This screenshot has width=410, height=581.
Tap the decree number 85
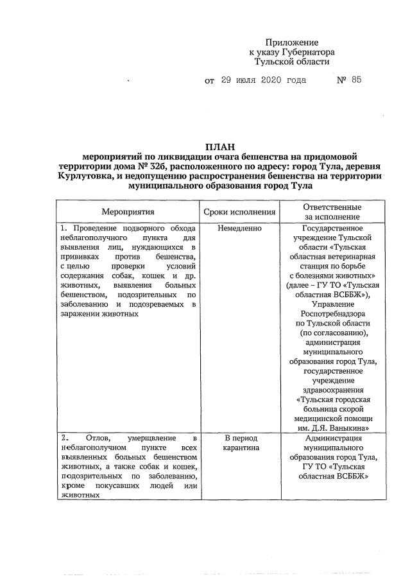click(357, 80)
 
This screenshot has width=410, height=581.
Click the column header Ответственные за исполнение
click(332, 212)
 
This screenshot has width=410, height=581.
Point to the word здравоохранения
click(332, 390)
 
